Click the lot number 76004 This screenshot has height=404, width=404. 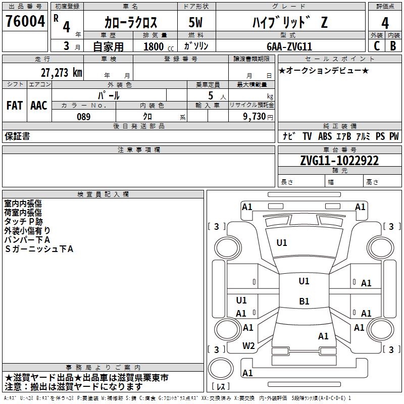(25, 22)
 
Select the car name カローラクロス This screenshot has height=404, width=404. (131, 23)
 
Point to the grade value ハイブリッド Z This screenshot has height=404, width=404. (289, 23)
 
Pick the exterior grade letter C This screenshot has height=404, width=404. (377, 45)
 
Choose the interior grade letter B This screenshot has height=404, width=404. (393, 45)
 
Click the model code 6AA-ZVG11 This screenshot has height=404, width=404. (289, 46)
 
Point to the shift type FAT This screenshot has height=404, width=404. (14, 105)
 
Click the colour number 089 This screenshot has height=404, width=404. (83, 117)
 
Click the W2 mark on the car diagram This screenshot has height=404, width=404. (248, 346)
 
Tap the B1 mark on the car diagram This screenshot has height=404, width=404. (304, 301)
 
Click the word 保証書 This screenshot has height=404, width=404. (17, 136)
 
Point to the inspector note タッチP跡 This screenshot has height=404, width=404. (24, 221)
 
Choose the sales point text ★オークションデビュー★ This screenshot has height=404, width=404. (324, 71)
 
